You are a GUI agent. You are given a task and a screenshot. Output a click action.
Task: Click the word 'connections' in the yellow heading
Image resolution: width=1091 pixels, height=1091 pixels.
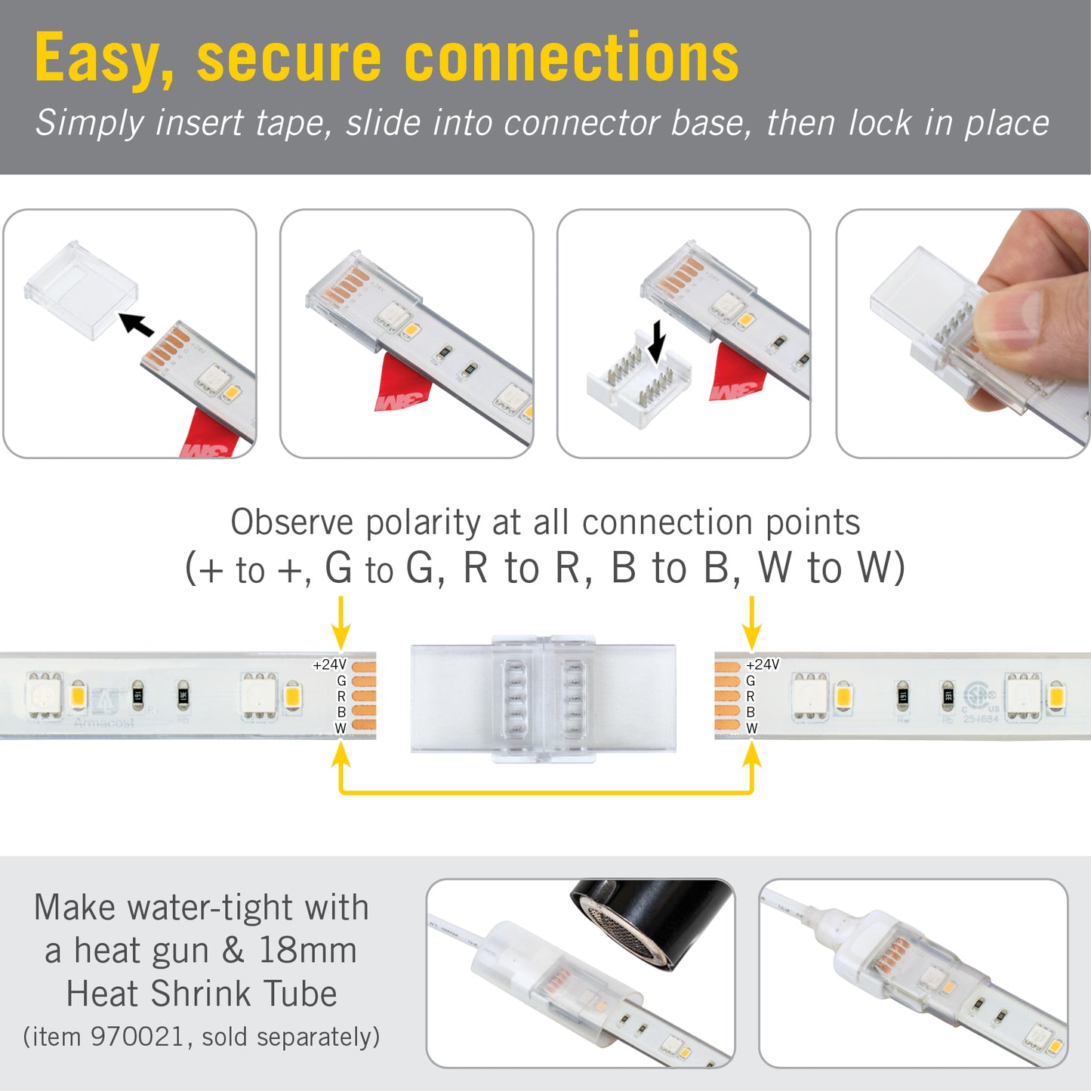(572, 60)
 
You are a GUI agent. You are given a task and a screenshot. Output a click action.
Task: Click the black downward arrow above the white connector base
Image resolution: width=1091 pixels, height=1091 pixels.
(658, 341)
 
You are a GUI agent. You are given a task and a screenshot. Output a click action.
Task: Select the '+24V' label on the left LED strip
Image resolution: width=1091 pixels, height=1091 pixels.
(329, 665)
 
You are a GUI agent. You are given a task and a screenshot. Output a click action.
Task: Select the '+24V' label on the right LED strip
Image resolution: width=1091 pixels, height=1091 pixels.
(763, 664)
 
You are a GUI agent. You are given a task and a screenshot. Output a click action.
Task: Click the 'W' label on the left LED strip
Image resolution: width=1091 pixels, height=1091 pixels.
(341, 729)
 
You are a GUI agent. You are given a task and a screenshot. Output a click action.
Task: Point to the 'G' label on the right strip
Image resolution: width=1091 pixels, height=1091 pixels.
(750, 681)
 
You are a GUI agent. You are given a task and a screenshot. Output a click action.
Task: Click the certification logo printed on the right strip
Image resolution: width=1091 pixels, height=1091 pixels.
(979, 695)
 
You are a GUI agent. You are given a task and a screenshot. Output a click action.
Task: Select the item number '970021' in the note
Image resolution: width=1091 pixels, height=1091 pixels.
(137, 1037)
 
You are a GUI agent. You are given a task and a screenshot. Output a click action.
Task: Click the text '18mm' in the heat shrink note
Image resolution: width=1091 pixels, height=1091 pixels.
(308, 951)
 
